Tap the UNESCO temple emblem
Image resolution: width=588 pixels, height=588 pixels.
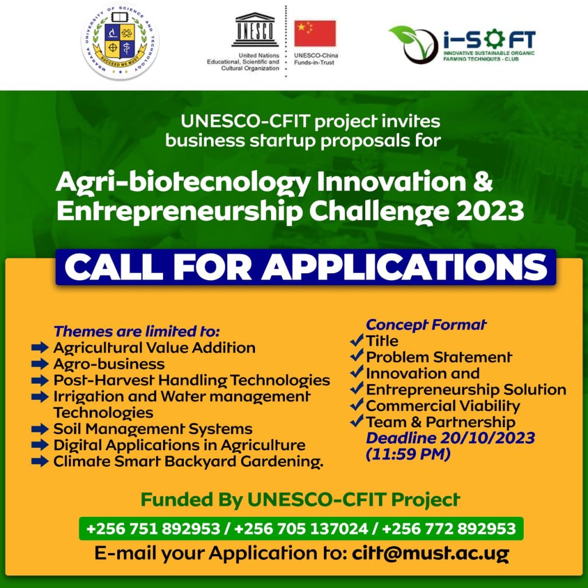(x=254, y=29)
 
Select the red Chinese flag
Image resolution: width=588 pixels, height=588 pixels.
(x=315, y=33)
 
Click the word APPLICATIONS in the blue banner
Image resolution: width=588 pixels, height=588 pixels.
(x=404, y=267)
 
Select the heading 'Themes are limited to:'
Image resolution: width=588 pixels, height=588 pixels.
(x=137, y=331)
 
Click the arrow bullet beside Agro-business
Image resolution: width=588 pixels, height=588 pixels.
(x=40, y=363)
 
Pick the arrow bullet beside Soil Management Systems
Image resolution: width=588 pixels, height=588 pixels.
(x=40, y=428)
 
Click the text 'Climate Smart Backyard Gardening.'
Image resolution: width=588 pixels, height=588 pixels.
(x=188, y=462)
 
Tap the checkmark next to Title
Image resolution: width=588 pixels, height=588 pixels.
(x=357, y=340)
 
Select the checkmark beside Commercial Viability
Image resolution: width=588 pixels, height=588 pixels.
(x=357, y=405)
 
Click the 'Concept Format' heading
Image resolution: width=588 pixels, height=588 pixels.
(x=426, y=325)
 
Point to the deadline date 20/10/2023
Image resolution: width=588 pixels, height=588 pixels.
(x=488, y=438)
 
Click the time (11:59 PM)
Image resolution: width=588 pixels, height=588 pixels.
(x=408, y=454)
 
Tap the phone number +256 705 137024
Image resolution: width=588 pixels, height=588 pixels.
(x=301, y=529)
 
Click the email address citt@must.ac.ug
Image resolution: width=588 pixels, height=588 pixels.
(x=431, y=554)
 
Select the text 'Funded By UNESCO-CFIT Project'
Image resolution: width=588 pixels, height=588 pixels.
(x=300, y=500)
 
